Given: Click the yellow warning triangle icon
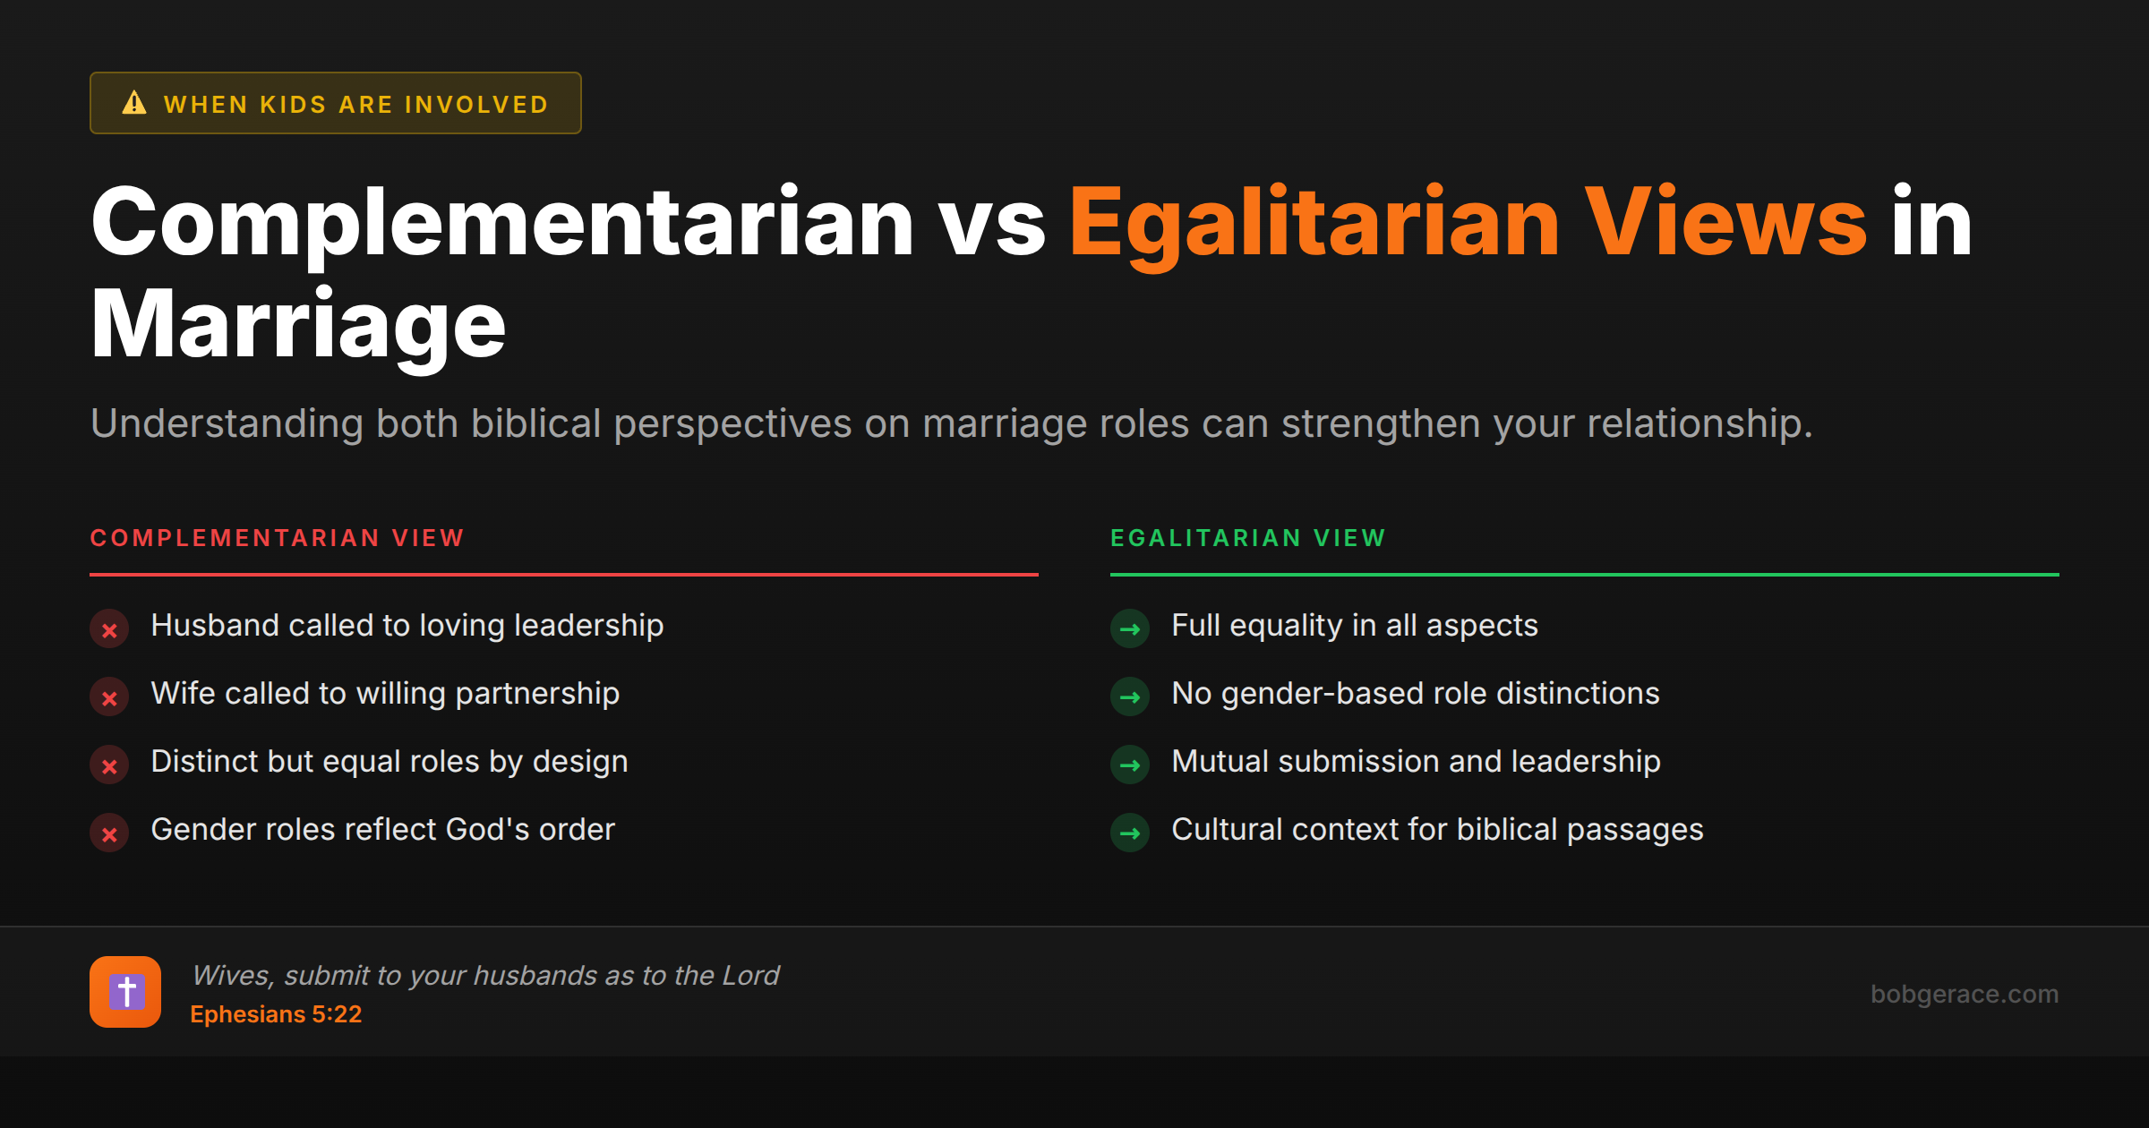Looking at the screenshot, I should tap(134, 103).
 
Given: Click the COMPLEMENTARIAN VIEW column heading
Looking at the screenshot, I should tap(277, 538).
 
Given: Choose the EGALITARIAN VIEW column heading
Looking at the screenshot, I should tap(1248, 538).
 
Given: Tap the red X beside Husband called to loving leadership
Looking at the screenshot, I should tap(109, 629).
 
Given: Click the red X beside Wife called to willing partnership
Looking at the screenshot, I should tap(109, 697).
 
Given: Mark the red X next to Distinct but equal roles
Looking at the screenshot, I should tap(109, 765).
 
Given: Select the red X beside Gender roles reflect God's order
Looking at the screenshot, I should tap(109, 833).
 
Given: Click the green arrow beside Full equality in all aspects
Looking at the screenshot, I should tap(1130, 629).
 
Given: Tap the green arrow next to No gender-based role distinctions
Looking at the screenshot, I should tap(1130, 697).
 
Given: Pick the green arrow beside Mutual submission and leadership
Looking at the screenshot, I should tap(1130, 765).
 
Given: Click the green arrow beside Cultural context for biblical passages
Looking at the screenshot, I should tap(1130, 833).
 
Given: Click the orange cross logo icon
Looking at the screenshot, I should tap(125, 992).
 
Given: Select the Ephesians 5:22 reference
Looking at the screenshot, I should tap(276, 1014).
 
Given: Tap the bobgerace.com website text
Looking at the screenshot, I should tap(1965, 994).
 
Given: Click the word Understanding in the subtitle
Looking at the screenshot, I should tap(227, 423).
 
